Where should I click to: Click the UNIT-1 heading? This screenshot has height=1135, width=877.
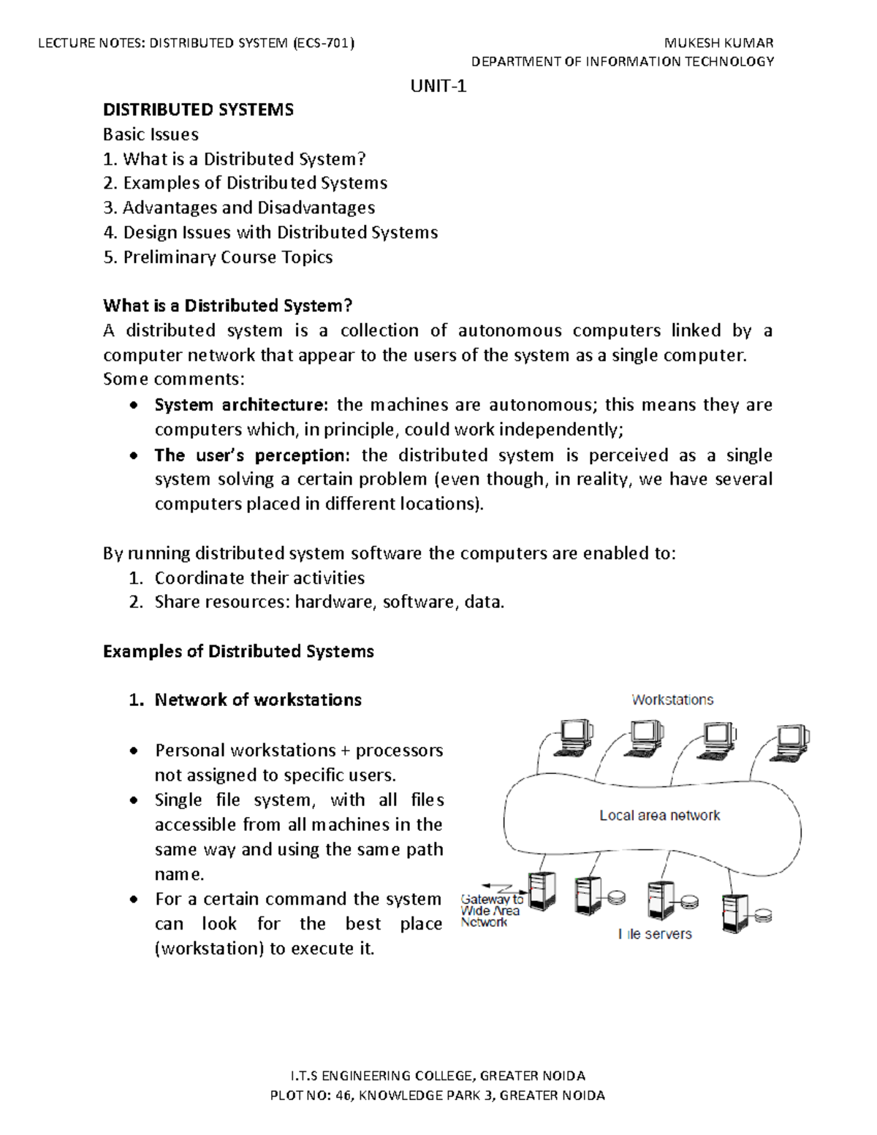coord(438,86)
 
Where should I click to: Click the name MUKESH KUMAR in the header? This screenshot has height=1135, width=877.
coord(718,42)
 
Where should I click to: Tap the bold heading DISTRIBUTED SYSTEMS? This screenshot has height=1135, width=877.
coord(198,110)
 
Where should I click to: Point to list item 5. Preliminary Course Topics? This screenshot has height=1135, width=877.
coord(218,257)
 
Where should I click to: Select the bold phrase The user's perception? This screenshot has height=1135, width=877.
coord(251,455)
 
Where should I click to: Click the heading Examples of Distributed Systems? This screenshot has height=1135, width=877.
coord(238,651)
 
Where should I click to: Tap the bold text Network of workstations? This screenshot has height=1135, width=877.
coord(258,700)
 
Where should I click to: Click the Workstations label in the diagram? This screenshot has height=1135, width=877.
coord(672,699)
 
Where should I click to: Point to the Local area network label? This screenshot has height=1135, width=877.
coord(659,815)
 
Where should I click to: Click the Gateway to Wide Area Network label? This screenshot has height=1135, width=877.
coord(490,911)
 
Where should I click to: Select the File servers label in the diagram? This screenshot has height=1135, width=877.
coord(655,934)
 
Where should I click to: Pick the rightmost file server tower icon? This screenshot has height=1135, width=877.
coord(734,913)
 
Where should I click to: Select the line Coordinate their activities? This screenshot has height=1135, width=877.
coord(259,578)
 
